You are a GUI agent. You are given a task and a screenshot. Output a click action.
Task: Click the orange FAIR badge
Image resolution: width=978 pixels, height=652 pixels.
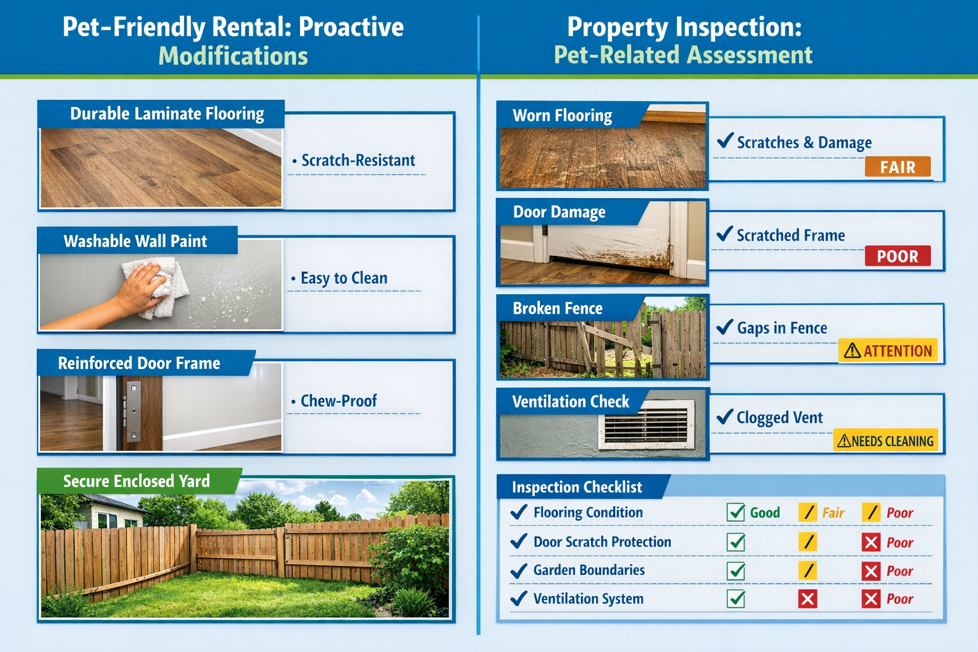pos(897,167)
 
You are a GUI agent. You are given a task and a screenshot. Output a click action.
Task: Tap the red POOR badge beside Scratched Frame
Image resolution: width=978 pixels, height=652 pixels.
pos(897,256)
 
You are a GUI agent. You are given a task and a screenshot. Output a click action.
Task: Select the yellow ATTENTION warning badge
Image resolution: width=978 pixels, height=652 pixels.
pos(888,350)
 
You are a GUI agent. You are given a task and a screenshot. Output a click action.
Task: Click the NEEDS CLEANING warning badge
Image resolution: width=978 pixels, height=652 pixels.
pos(885,441)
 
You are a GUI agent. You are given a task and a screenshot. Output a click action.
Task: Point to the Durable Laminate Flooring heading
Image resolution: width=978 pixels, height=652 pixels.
pos(166,114)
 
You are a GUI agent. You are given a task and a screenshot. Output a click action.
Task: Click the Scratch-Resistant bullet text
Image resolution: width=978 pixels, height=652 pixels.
pos(358,160)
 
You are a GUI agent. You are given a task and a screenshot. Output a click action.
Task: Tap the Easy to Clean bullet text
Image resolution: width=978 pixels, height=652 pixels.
pos(343,278)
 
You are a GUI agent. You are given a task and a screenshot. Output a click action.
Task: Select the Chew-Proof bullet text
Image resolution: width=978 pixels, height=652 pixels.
pos(338,401)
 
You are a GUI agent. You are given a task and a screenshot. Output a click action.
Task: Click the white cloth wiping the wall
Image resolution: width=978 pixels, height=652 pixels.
pos(163,287)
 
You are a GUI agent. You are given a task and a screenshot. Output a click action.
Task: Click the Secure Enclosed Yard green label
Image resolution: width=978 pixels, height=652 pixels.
pos(136,481)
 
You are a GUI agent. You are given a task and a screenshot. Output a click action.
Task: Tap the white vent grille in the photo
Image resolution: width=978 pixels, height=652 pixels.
pos(646,425)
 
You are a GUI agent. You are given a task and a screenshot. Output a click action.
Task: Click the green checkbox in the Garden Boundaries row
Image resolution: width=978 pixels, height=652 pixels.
pos(736,570)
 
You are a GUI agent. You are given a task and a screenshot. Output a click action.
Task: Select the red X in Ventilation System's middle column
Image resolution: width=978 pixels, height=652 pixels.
pos(807,599)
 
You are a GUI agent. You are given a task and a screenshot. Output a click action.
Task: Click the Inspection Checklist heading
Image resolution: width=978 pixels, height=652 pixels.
pos(577,488)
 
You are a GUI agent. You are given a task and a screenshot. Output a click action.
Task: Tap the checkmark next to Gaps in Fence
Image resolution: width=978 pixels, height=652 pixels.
pos(725,327)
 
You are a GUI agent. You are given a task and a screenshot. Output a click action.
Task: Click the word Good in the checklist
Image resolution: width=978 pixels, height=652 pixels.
pos(765,513)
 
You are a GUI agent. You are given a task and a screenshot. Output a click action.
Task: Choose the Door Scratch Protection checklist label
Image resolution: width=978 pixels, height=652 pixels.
pos(602,542)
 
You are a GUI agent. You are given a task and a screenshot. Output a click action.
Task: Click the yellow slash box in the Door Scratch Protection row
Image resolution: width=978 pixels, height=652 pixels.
pos(807,542)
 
